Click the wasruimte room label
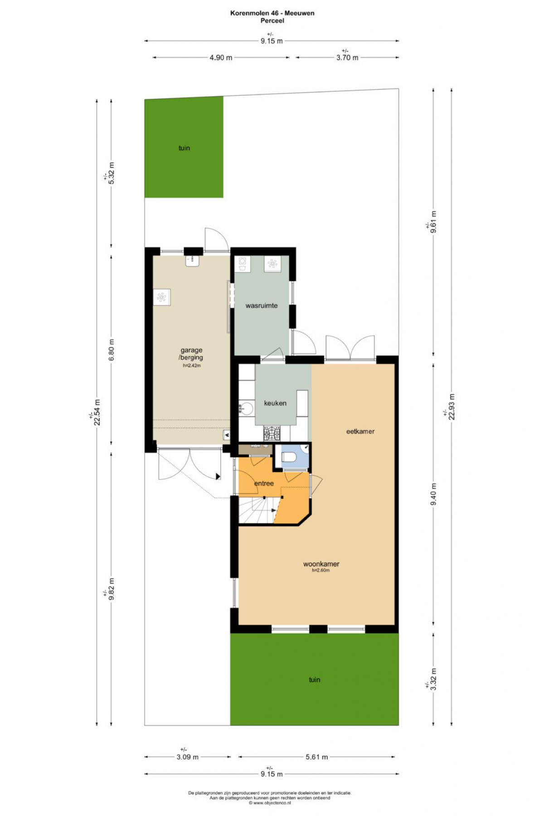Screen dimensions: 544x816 pyautogui.click(x=262, y=306)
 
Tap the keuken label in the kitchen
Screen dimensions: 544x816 pyautogui.click(x=275, y=403)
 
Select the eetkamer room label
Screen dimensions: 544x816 pyautogui.click(x=360, y=432)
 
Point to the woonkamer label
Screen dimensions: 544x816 pyautogui.click(x=321, y=564)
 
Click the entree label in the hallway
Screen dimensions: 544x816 pyautogui.click(x=264, y=483)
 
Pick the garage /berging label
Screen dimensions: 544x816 pyautogui.click(x=191, y=354)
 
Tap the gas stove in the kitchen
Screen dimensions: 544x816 pyautogui.click(x=272, y=434)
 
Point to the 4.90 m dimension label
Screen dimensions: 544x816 pyautogui.click(x=221, y=58)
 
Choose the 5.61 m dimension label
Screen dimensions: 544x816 pyautogui.click(x=316, y=757)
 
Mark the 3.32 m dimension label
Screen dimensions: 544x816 pyautogui.click(x=433, y=679)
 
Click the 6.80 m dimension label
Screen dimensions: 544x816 pyautogui.click(x=112, y=350)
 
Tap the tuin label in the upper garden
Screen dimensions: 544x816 pyautogui.click(x=184, y=148)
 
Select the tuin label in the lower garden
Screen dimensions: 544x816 pyautogui.click(x=314, y=680)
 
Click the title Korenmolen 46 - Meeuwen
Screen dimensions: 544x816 pyautogui.click(x=272, y=13)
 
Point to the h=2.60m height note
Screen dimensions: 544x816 pyautogui.click(x=321, y=571)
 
